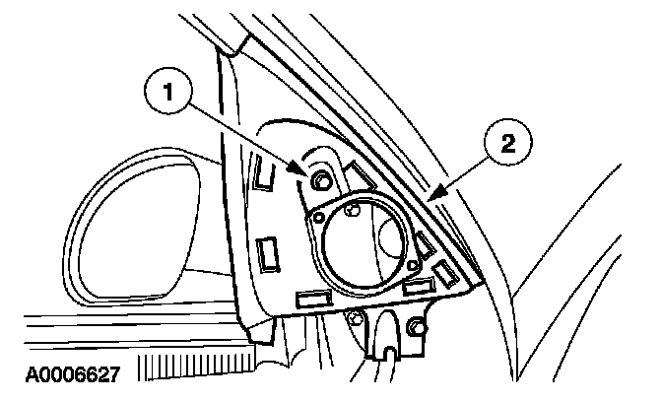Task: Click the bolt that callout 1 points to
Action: point(321,181)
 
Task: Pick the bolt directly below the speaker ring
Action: point(354,315)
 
